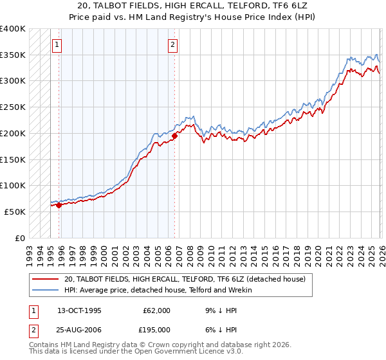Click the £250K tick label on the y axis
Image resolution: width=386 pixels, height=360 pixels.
tap(13, 107)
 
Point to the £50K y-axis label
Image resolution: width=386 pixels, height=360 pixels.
tap(15, 212)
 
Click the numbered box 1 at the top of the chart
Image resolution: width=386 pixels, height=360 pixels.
tap(58, 45)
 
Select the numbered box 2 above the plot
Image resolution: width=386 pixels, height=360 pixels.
tap(174, 45)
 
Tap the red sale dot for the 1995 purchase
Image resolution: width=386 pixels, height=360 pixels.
tap(59, 206)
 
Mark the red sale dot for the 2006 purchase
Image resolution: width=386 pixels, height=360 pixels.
tap(174, 136)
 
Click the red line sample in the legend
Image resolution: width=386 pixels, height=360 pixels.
tap(46, 279)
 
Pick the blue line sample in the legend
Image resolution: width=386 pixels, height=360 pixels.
tap(46, 290)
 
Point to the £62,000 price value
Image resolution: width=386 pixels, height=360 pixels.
tap(156, 310)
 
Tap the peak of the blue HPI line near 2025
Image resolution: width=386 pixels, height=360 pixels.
tap(376, 55)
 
